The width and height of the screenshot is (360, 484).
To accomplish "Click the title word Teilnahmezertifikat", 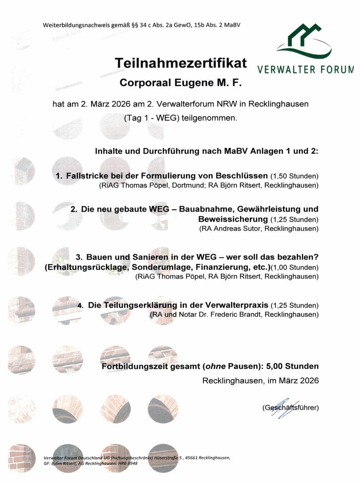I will coord(181,63).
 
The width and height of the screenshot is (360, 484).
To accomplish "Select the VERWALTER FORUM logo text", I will coord(305,70).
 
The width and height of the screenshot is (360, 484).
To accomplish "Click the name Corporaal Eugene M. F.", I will coord(180,83).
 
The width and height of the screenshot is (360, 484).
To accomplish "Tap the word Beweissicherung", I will coord(233,220).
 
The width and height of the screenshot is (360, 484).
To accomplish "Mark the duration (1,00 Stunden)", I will coord(295,268).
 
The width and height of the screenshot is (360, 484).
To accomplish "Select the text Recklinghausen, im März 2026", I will coord(260,381).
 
